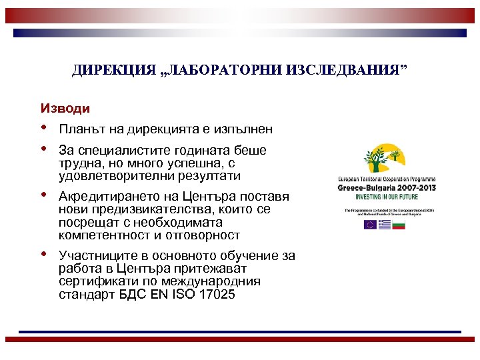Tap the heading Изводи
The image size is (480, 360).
(x=65, y=107)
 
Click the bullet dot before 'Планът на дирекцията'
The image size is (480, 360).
(x=44, y=127)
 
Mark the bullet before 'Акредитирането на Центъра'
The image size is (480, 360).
(x=44, y=195)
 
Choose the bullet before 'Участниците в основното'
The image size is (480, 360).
(x=44, y=253)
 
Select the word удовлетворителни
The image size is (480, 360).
(x=106, y=177)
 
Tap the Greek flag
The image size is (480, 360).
(x=385, y=225)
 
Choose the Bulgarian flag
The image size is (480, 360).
(x=399, y=225)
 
